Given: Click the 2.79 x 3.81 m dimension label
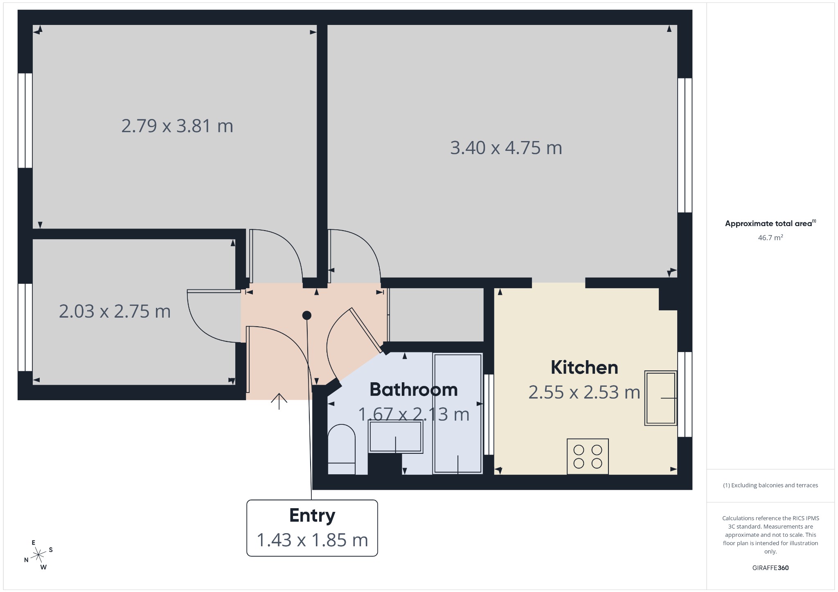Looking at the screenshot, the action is (177, 126).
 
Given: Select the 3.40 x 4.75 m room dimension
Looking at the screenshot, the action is (506, 148).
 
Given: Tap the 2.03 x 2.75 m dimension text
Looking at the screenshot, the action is (115, 312).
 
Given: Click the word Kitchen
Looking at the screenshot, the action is (584, 367).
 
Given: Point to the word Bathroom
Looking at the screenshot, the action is (414, 390).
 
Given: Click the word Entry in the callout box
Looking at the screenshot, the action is (312, 516).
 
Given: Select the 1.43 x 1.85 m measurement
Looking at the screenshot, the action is (312, 540).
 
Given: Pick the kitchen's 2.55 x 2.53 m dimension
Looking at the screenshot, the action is (584, 392).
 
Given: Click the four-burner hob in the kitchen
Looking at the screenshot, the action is (588, 457).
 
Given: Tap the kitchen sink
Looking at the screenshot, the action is (660, 398).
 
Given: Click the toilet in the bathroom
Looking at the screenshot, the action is (342, 450).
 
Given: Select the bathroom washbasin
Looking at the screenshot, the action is (395, 437).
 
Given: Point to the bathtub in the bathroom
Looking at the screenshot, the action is (457, 414).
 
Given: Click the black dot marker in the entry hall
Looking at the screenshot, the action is (307, 315).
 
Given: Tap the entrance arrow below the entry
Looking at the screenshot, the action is (279, 401).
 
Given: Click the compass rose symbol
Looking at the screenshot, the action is (38, 555).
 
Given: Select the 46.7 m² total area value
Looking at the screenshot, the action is (770, 238).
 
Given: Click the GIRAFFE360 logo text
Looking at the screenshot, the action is (770, 568).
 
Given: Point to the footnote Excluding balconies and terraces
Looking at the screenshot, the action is (770, 485).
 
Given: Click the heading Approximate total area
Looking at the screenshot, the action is (768, 224).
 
